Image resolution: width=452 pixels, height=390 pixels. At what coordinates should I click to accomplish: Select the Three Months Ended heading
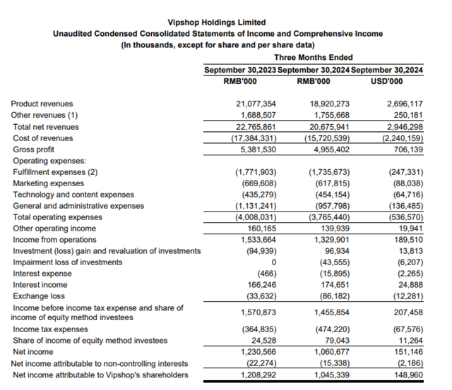[313, 57]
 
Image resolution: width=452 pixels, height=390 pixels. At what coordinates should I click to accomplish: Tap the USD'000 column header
[387, 81]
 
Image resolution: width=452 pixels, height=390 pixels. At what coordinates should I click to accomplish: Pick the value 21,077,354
[256, 104]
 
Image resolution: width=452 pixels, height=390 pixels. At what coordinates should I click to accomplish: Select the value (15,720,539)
[330, 138]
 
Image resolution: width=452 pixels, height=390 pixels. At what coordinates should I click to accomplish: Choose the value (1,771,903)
[255, 172]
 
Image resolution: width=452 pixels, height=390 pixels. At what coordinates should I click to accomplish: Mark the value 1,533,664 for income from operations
[256, 240]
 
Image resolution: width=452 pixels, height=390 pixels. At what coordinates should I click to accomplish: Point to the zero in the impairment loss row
[273, 262]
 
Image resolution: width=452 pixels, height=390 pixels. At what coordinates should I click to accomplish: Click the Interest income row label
[40, 285]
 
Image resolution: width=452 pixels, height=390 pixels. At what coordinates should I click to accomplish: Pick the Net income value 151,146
[407, 352]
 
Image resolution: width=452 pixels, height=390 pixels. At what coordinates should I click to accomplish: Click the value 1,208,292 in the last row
[256, 374]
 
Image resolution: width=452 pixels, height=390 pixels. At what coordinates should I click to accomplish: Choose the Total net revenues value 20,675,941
[330, 127]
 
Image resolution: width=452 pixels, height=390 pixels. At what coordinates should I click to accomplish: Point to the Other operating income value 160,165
[260, 228]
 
